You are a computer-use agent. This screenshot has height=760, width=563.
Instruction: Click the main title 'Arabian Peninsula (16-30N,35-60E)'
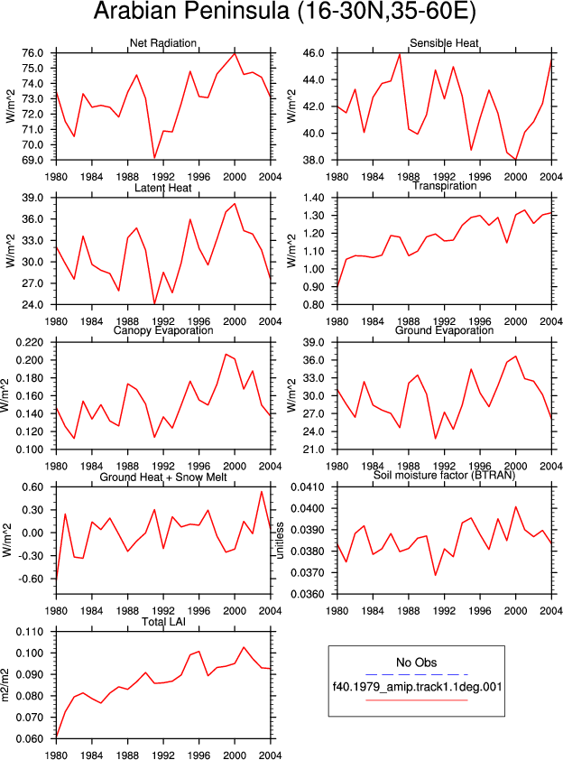point(285,11)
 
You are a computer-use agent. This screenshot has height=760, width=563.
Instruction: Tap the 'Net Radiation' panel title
point(163,43)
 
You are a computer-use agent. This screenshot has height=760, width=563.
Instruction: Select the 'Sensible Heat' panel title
point(444,43)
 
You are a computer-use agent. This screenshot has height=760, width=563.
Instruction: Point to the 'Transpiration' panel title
point(444,186)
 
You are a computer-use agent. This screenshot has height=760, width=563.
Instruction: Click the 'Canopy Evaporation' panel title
point(163,330)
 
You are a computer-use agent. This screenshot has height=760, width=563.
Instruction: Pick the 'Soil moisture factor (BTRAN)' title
point(444,475)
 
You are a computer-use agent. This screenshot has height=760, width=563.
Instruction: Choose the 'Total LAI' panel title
point(163,622)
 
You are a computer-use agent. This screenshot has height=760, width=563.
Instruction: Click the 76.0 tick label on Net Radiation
point(32,53)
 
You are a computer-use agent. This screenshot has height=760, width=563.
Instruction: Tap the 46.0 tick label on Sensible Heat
point(313,53)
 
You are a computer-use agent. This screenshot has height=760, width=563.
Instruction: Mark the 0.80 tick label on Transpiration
point(313,305)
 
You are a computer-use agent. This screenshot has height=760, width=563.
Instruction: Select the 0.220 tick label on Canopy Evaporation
point(30,343)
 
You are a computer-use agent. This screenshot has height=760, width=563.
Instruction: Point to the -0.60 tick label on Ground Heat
point(30,579)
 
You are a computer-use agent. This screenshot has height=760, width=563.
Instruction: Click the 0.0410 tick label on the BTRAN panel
point(308,487)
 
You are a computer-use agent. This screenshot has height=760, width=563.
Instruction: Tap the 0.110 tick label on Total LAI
point(30,632)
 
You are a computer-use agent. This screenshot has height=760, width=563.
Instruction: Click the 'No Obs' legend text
point(416,663)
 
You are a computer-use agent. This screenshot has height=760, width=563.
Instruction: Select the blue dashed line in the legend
point(417,674)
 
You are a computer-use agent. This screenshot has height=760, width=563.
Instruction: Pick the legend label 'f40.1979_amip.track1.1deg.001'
point(417,687)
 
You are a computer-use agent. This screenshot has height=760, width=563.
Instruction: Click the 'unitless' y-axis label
point(280,541)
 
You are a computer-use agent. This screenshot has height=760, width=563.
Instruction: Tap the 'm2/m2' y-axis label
point(5,685)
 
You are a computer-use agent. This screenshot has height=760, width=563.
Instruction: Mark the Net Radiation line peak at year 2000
point(235,53)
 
